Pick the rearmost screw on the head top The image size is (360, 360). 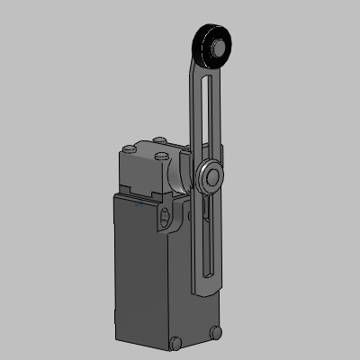click(159, 140)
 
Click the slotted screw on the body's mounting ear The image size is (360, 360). click(165, 215)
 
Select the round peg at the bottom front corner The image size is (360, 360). click(175, 342)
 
